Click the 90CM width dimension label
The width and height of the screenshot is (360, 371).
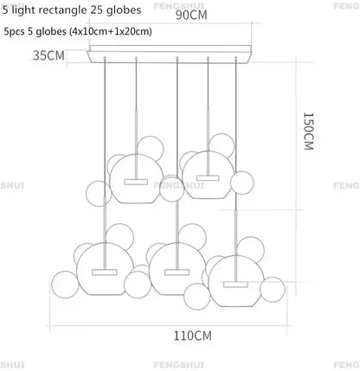point(191,15)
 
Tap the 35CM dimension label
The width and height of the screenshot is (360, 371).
point(48,55)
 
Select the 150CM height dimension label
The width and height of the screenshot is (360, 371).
point(308,131)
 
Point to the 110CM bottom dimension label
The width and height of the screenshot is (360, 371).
point(192,336)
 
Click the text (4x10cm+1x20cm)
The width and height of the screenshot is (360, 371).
point(110,31)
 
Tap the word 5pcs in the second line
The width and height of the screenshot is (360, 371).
point(15,31)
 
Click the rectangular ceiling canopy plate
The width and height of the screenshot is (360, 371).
point(170,54)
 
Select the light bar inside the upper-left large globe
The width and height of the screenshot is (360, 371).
point(136,182)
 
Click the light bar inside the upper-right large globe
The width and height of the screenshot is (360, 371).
point(208,178)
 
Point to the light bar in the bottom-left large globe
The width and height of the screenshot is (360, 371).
point(105,272)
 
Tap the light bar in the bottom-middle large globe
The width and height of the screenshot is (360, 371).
point(177,272)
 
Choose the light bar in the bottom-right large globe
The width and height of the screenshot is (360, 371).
point(235,285)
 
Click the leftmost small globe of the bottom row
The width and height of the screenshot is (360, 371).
point(65,285)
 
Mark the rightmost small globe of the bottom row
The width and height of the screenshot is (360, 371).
point(273,290)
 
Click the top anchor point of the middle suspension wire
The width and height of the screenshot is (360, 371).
point(177,59)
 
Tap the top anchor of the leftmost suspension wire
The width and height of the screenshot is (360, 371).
point(105,59)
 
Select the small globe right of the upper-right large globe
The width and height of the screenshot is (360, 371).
point(242,182)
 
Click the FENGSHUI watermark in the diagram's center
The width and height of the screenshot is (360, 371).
point(179,185)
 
